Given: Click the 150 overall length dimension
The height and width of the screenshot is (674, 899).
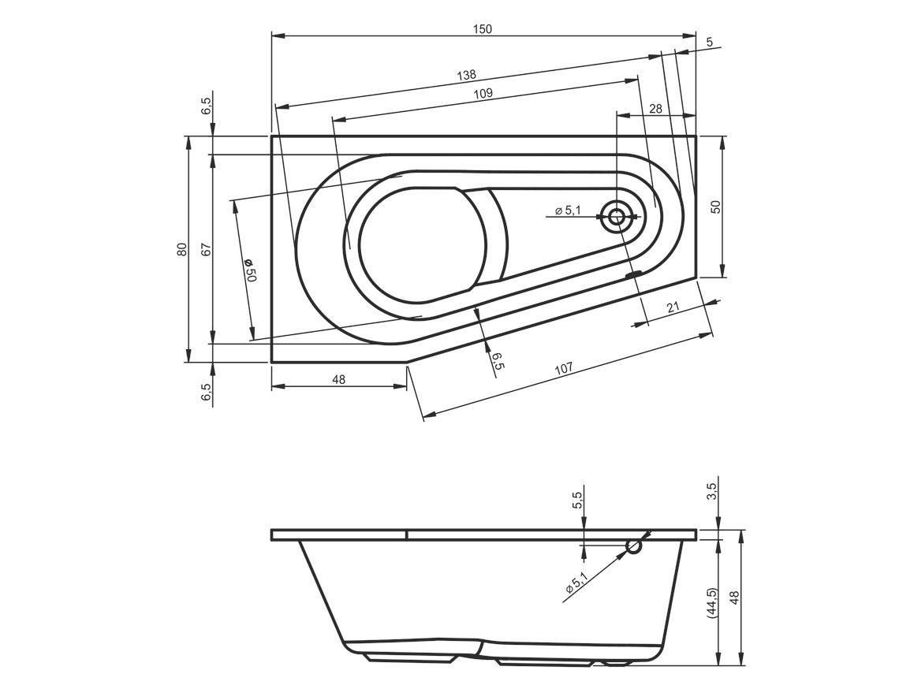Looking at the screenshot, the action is [483, 29].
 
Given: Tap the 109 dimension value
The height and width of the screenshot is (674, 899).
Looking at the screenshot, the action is [483, 94].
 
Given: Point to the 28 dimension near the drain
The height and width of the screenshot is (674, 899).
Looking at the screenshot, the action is [656, 109].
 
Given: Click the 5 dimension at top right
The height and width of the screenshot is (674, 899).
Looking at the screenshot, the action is [710, 42].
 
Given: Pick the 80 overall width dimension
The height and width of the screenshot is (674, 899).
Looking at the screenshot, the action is [182, 249].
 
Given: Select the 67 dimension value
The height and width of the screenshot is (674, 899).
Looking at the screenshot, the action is [207, 249].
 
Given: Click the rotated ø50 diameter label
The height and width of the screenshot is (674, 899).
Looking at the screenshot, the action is [251, 270].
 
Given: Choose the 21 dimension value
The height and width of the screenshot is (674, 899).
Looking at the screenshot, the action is [673, 307].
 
